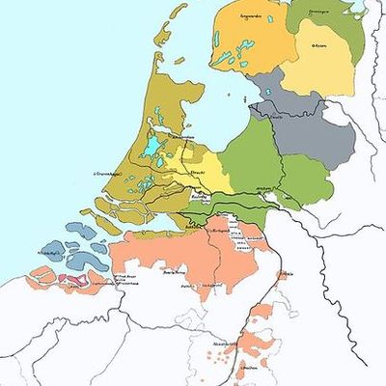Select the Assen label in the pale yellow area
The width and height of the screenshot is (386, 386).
(320, 44)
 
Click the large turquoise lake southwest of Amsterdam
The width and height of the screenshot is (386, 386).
(154, 148)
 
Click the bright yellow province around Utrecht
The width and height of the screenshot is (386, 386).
(207, 174)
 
